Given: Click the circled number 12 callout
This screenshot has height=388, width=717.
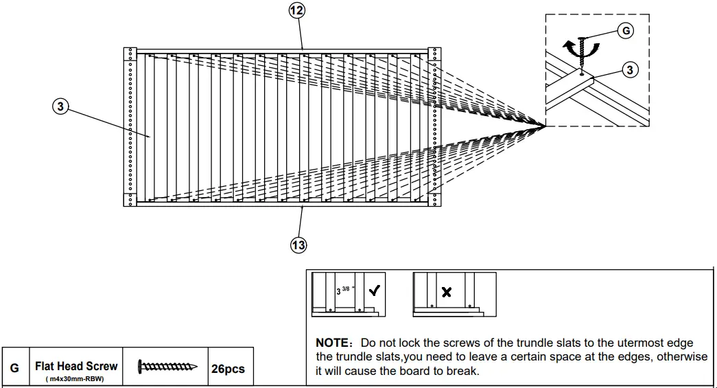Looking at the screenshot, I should click(296, 10).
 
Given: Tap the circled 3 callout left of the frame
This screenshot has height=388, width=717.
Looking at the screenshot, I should click(60, 106).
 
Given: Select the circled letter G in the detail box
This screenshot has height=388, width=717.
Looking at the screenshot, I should click(626, 31).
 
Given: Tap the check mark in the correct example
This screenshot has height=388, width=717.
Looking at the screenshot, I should click(375, 290).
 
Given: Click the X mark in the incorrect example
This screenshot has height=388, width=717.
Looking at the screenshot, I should click(447, 293).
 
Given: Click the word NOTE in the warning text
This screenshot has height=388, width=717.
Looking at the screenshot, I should click(333, 343).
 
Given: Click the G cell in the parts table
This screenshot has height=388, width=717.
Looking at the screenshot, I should click(14, 369).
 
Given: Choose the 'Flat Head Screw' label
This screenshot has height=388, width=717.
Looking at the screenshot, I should click(76, 367).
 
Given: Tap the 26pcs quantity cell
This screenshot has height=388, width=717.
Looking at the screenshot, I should click(228, 369).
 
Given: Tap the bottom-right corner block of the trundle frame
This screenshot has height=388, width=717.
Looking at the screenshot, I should click(434, 200).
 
